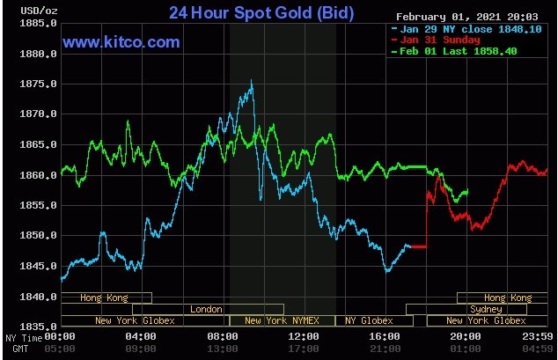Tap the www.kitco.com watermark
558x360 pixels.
point(121,42)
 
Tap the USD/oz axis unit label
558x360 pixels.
point(20,11)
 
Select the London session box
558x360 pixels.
point(206,309)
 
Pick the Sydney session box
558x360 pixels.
point(486,309)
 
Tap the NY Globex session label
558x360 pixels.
point(369,320)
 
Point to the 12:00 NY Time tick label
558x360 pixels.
point(304,336)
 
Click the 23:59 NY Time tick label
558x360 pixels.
point(536,336)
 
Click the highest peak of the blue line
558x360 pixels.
point(252,81)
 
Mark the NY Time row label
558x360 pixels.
point(22,337)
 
